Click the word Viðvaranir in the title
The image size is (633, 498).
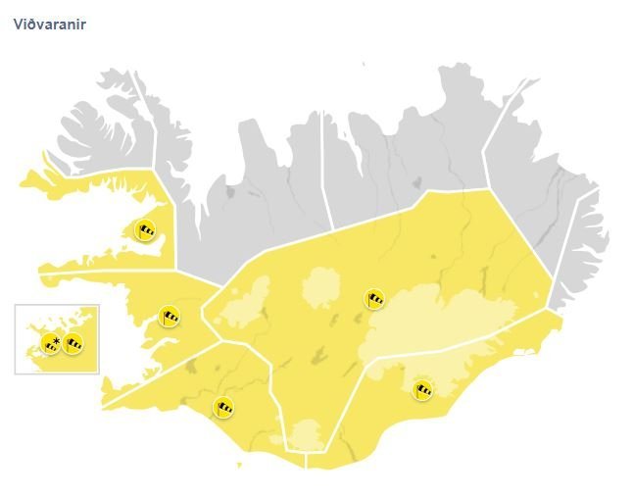click(49, 25)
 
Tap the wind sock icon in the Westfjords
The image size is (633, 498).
click(146, 230)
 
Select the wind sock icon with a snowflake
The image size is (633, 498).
click(50, 343)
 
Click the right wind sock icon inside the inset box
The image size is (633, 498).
click(73, 343)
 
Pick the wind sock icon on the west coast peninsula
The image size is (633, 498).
click(170, 316)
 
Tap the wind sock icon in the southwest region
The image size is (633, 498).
click(225, 406)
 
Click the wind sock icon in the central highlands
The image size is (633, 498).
click(374, 298)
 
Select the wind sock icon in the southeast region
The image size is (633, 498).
click(422, 390)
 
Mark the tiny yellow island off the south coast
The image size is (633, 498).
click(237, 464)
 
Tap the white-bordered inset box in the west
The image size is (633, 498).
click(57, 339)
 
